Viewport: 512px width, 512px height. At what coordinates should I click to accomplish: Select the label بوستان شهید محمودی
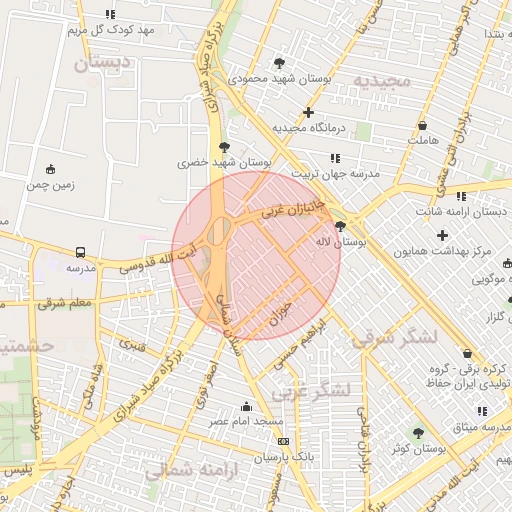click(x=280, y=77)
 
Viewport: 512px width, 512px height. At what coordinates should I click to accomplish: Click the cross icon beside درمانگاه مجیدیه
click(x=309, y=112)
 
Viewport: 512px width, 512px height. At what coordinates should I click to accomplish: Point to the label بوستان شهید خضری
click(x=225, y=160)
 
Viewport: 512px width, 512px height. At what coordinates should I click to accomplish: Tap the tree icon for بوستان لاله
click(x=341, y=226)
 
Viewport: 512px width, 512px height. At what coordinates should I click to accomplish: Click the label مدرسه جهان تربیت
click(x=335, y=173)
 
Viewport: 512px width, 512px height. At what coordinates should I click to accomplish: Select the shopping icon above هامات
click(x=423, y=126)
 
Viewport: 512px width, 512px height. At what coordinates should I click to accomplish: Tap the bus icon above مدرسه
click(x=80, y=252)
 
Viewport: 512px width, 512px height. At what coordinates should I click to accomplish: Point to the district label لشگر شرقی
click(x=394, y=337)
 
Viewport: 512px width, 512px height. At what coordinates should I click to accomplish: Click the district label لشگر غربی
click(x=311, y=389)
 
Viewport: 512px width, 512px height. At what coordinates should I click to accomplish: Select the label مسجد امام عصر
click(x=246, y=422)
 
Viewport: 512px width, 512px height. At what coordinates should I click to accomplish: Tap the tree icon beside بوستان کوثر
click(x=418, y=432)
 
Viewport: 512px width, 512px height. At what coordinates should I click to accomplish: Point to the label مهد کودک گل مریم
click(x=112, y=30)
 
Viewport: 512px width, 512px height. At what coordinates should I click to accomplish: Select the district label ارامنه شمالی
click(x=190, y=470)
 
